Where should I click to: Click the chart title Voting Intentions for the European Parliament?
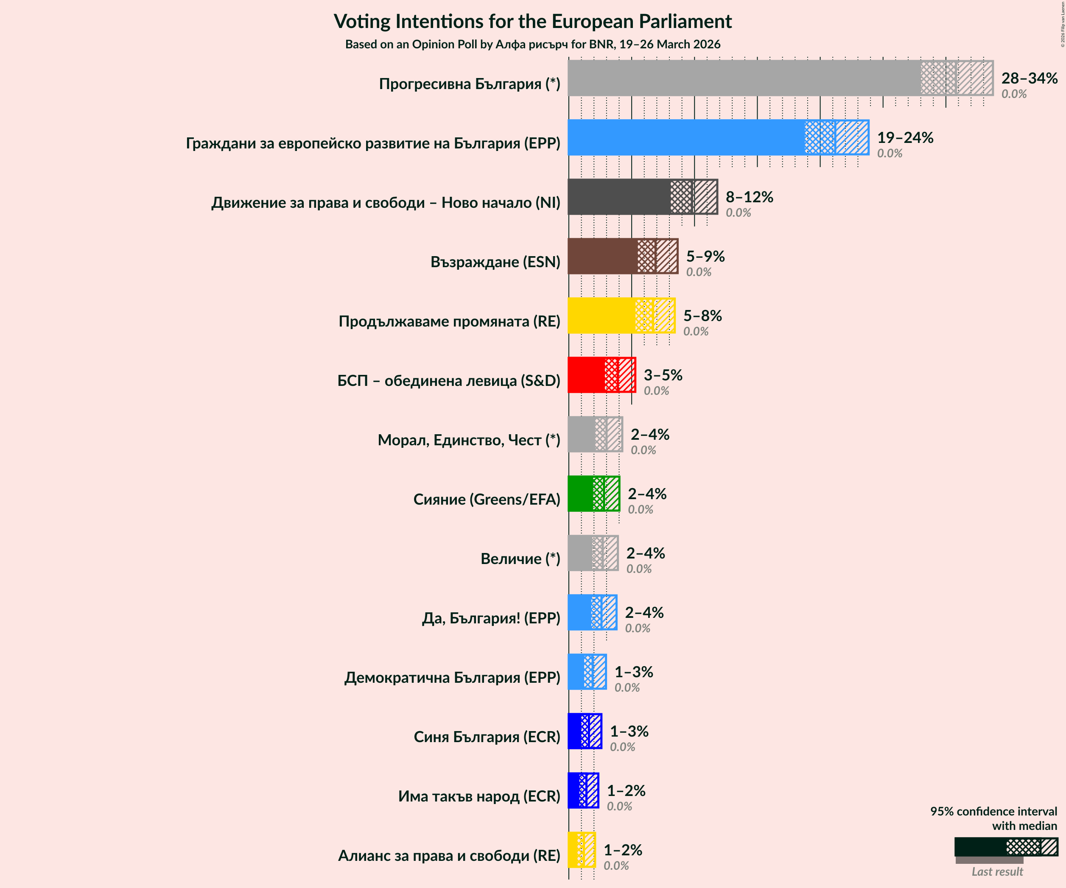[x=532, y=22]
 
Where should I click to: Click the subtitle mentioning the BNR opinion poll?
[x=532, y=45]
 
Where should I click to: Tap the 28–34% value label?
[x=1029, y=78]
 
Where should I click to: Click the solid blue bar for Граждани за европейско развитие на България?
[x=686, y=137]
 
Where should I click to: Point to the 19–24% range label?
[x=905, y=137]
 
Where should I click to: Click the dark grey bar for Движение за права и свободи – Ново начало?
[x=619, y=197]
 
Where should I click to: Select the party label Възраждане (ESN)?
[x=495, y=262]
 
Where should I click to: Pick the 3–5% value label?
[x=663, y=375]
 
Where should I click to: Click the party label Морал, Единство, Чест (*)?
[x=469, y=440]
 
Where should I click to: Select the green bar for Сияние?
[x=580, y=494]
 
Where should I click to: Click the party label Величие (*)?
[x=520, y=558]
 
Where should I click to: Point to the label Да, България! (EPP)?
[x=491, y=618]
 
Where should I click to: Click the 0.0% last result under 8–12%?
[x=738, y=212]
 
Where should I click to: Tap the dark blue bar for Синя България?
[x=574, y=731]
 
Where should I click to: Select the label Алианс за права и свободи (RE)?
[x=449, y=855]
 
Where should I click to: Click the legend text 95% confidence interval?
[x=993, y=811]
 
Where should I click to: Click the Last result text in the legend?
[x=997, y=872]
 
